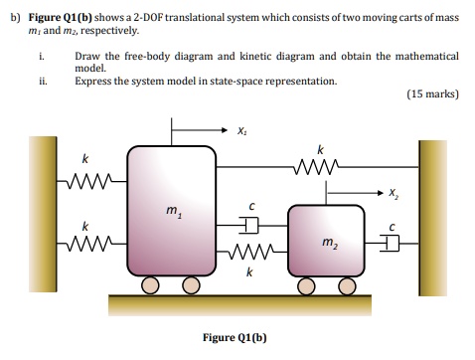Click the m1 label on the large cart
point(172,211)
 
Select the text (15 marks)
point(432,94)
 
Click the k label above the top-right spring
point(319,148)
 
